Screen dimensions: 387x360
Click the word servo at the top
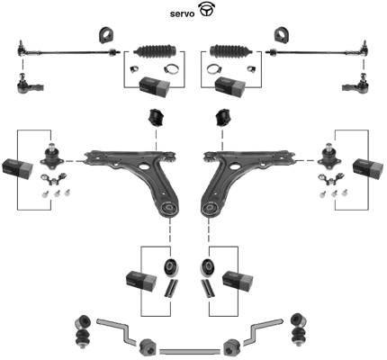click(182, 13)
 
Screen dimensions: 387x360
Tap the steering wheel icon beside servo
click(207, 9)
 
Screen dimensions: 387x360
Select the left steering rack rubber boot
click(156, 50)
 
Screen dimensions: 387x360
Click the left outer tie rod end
click(29, 85)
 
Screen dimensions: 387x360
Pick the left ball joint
click(52, 156)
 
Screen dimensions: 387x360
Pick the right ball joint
click(329, 156)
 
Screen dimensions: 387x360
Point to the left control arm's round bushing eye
click(170, 209)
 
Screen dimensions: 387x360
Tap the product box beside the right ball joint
click(368, 168)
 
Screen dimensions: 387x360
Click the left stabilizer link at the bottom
click(83, 330)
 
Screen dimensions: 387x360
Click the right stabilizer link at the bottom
click(300, 330)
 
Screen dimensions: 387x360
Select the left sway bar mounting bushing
click(148, 347)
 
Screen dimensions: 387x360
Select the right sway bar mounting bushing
click(232, 347)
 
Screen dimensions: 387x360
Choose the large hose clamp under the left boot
click(171, 69)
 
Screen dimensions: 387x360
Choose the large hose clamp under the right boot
click(214, 69)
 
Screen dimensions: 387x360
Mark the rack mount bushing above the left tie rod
click(107, 35)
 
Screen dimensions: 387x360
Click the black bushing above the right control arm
click(223, 118)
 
